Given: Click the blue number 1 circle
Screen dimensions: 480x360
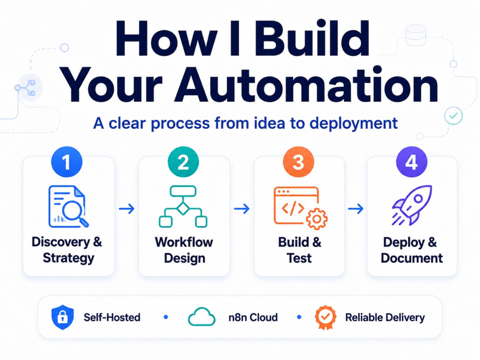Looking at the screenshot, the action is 67,162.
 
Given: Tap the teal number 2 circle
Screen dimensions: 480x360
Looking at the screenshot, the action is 183,162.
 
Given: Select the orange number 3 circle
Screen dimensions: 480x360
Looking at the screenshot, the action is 299,162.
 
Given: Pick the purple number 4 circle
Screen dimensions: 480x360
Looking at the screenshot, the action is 412,162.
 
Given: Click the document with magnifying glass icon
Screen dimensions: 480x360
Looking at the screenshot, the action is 69,206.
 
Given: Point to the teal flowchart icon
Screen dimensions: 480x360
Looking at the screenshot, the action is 183,206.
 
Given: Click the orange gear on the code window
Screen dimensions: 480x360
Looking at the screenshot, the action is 317,219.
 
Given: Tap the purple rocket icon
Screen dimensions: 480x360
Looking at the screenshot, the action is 412,205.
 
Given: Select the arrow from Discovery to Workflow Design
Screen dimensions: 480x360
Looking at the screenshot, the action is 127,209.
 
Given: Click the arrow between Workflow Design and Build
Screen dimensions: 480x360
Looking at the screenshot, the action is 242,209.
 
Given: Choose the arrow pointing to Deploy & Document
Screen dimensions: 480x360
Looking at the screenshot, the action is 356,209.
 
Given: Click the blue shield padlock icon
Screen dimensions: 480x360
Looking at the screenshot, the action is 62,317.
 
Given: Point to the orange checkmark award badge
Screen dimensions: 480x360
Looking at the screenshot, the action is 326,317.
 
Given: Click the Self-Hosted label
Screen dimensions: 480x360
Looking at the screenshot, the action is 112,317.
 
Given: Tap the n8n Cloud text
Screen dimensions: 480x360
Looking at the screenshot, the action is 253,317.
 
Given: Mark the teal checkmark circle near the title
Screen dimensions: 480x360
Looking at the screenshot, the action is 454,115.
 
